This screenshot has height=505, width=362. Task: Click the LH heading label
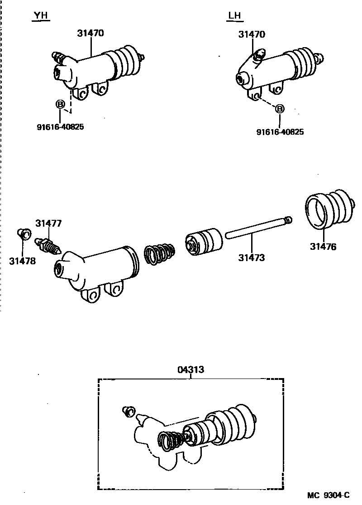click(x=234, y=16)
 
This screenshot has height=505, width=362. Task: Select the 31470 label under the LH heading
click(x=252, y=34)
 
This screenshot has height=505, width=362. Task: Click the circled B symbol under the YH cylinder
click(x=60, y=105)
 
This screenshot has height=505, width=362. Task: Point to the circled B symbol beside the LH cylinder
click(x=280, y=109)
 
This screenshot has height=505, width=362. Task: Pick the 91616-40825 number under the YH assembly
click(x=60, y=127)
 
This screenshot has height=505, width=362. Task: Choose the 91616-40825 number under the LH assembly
click(x=280, y=132)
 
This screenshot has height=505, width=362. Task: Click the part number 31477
click(x=48, y=223)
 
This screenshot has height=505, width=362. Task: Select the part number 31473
click(x=252, y=257)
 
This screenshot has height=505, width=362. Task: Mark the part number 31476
click(x=323, y=247)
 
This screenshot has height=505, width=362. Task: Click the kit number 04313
click(x=191, y=369)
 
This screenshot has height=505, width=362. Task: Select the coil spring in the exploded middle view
click(x=159, y=254)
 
